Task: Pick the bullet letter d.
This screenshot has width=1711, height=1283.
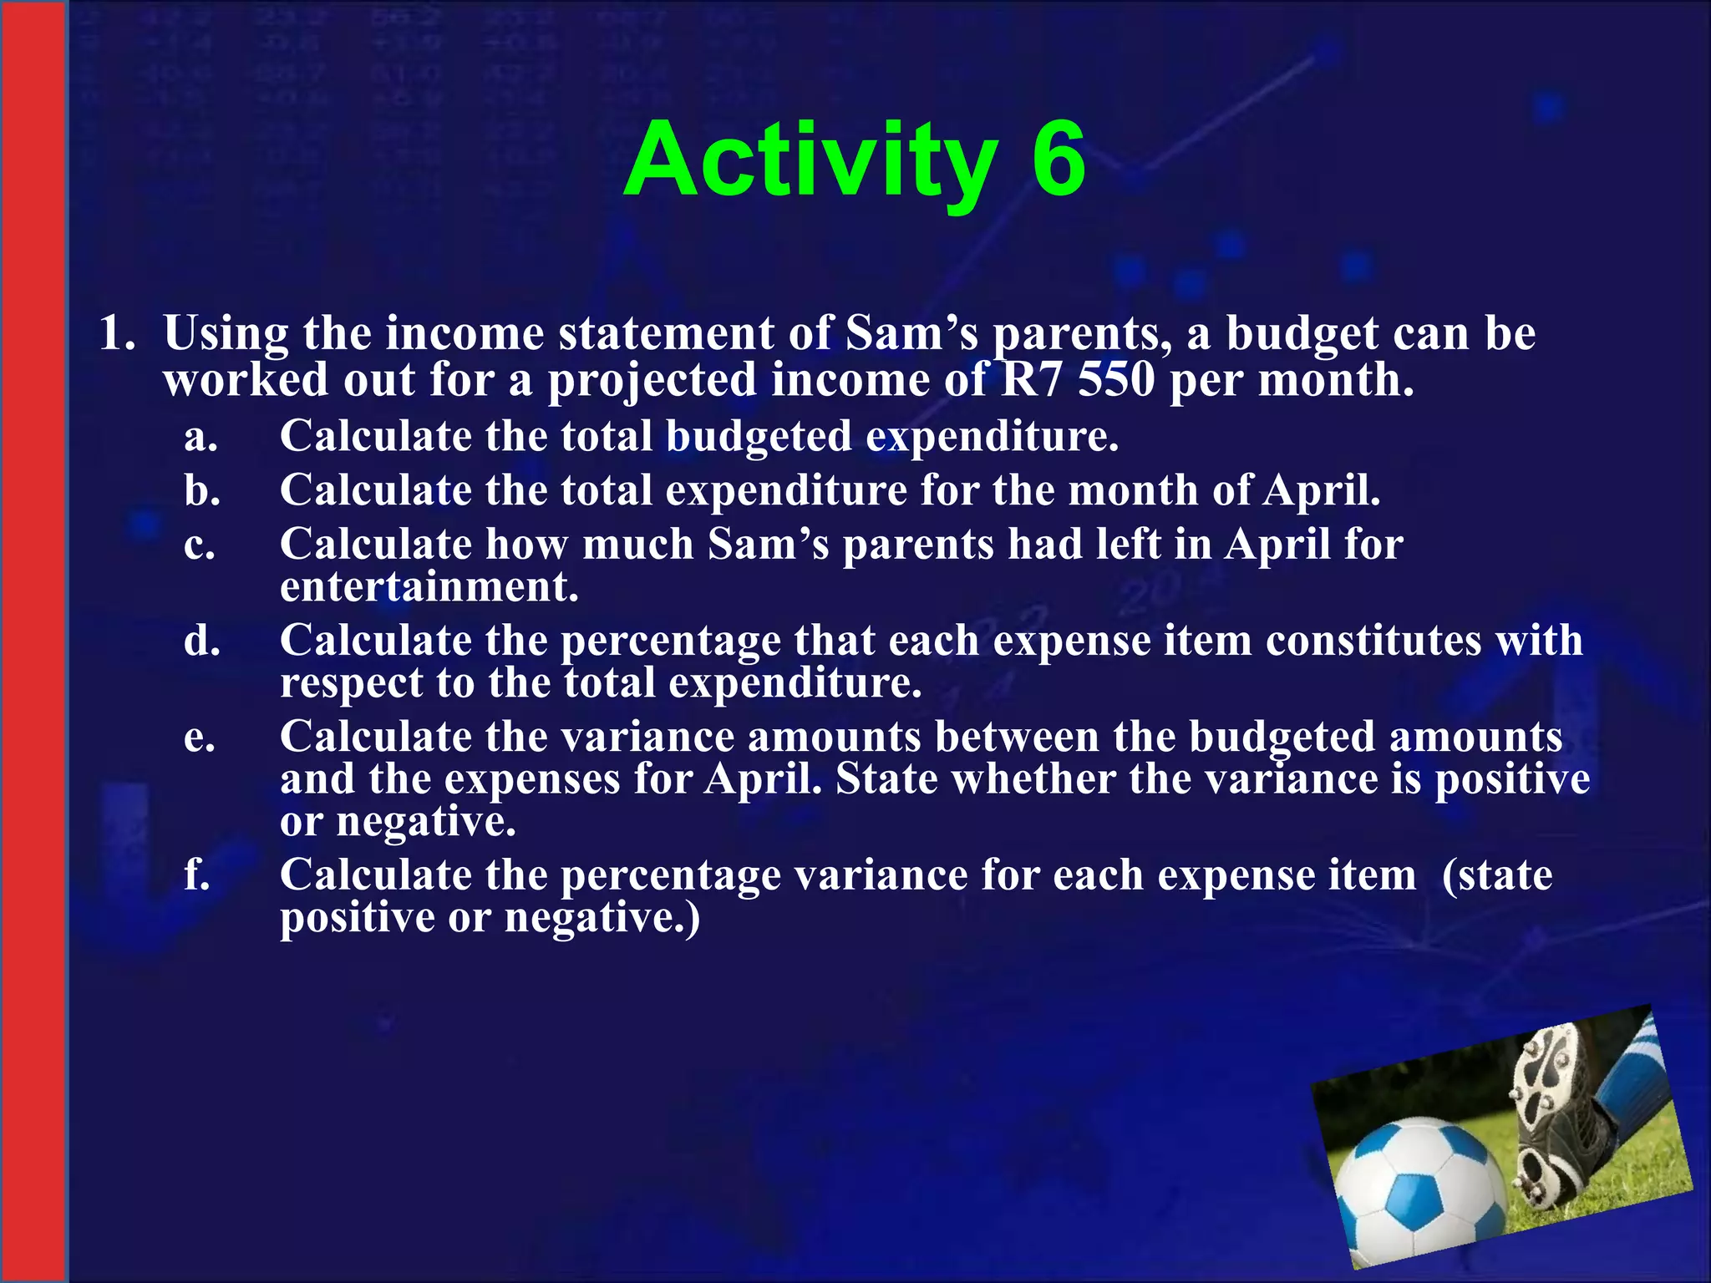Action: coord(202,641)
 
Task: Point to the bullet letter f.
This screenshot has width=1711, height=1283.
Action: coord(197,875)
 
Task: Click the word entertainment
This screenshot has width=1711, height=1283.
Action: coord(429,586)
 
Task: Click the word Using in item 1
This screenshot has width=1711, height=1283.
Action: coord(226,334)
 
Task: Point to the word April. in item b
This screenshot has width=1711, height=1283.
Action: coord(1322,490)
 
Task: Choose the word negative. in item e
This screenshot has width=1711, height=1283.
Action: coord(426,822)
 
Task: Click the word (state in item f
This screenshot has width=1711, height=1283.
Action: coord(1497,875)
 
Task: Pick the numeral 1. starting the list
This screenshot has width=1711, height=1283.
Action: coord(117,334)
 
